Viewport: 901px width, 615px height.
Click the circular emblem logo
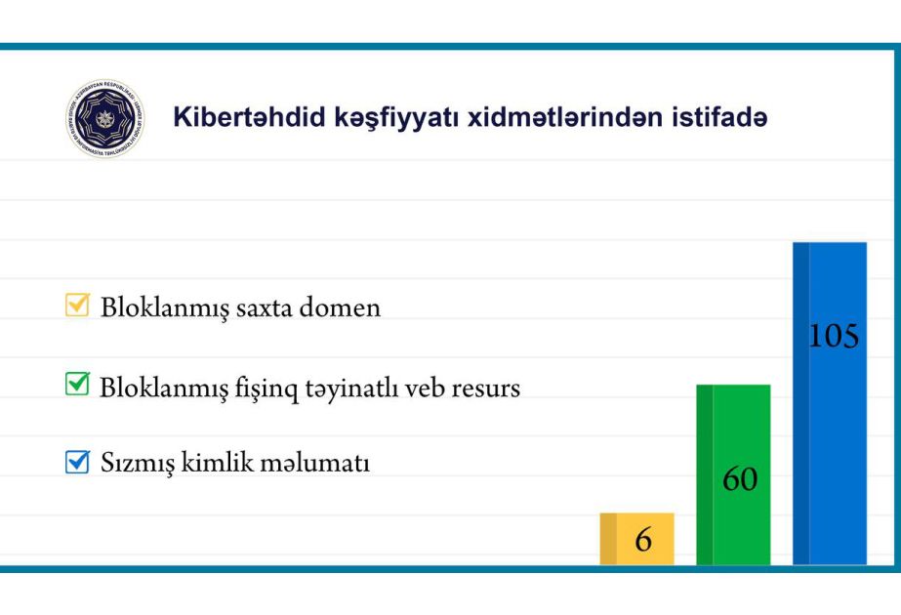[105, 118]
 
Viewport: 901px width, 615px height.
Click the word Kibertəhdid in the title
[249, 117]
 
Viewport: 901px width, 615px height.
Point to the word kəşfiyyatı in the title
[396, 118]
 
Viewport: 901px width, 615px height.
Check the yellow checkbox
[77, 305]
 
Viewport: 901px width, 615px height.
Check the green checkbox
[77, 384]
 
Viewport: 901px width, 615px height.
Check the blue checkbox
[77, 462]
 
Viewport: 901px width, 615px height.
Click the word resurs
[485, 389]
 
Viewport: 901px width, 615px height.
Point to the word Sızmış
[138, 464]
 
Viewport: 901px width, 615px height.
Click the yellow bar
[637, 539]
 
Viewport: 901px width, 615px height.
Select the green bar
[733, 474]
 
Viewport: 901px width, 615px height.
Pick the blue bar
[830, 403]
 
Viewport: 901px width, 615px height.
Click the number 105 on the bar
[834, 336]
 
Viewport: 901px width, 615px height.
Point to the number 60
[740, 478]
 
